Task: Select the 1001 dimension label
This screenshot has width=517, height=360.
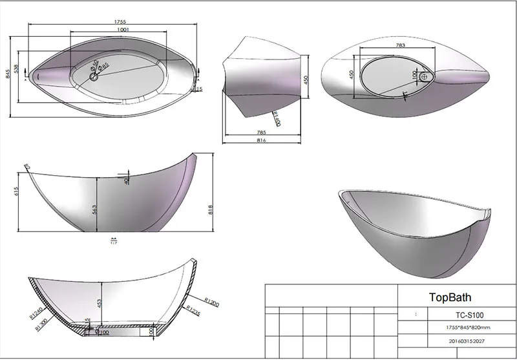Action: point(117,29)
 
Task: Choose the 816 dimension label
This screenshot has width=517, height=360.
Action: point(262,140)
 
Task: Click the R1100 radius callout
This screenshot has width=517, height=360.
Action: point(275,119)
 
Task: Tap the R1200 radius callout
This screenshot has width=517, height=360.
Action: point(212,302)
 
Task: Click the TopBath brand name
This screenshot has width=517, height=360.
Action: point(450,298)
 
